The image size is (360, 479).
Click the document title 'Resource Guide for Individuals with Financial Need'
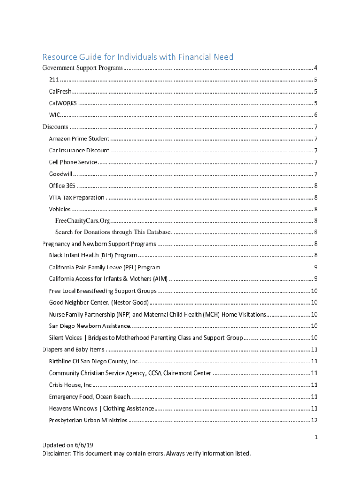(138, 57)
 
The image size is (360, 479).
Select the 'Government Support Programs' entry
(83, 68)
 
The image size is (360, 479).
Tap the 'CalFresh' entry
(60, 92)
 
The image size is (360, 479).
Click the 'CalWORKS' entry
(63, 103)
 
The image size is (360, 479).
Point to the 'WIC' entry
(54, 115)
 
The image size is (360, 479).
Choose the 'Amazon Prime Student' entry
(79, 138)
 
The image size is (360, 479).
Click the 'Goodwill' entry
(60, 174)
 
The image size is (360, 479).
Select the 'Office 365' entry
(62, 186)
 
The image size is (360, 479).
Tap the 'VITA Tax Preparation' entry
(77, 197)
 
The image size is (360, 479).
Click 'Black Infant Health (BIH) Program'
(93, 255)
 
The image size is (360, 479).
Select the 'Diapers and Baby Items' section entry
(73, 349)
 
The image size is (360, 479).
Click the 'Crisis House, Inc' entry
(70, 385)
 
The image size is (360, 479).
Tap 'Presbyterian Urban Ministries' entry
(88, 421)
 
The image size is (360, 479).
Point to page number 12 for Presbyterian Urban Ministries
(314, 421)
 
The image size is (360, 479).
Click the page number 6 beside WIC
(316, 115)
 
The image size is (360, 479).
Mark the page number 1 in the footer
(316, 437)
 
